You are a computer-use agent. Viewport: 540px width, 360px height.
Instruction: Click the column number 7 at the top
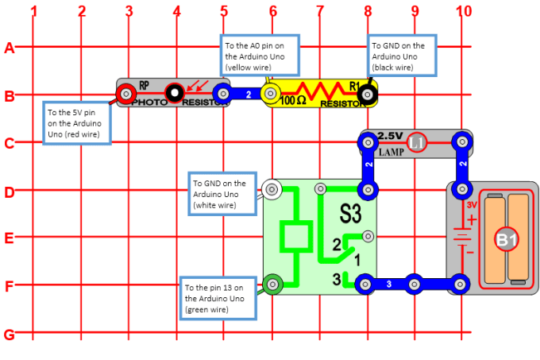[x=320, y=11]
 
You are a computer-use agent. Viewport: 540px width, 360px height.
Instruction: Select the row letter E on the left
[x=10, y=238]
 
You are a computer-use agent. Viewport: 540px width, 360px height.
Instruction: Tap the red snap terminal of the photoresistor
[x=125, y=95]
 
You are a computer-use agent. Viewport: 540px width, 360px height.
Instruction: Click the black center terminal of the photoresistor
[x=174, y=95]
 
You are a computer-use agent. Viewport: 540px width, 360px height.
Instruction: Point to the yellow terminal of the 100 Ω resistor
[x=271, y=95]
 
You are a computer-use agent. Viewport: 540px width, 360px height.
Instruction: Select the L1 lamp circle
[x=416, y=143]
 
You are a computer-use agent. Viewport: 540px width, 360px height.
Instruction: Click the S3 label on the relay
[x=350, y=214]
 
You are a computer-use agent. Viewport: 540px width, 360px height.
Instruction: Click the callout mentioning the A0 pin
[x=259, y=56]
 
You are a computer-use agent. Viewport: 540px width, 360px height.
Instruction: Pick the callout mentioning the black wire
[x=402, y=56]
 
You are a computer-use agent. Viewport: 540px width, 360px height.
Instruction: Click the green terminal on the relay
[x=272, y=283]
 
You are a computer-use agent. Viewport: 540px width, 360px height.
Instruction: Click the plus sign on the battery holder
[x=471, y=219]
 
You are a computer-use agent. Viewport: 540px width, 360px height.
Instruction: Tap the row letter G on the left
[x=10, y=334]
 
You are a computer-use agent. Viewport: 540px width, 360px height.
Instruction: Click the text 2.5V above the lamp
[x=391, y=135]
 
